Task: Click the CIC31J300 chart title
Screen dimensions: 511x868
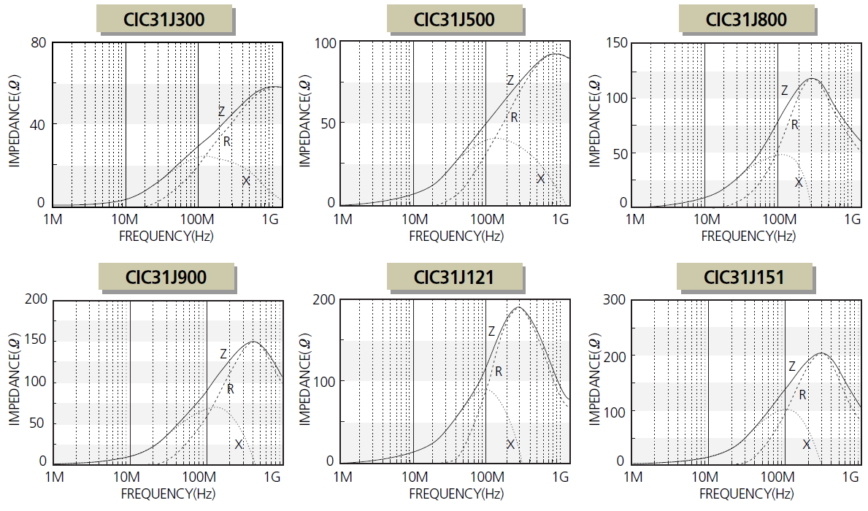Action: pyautogui.click(x=164, y=19)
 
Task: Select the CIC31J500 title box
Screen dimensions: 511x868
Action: pyautogui.click(x=455, y=19)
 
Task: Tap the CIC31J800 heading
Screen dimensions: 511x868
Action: pyautogui.click(x=746, y=19)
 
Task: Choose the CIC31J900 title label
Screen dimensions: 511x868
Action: pyautogui.click(x=166, y=277)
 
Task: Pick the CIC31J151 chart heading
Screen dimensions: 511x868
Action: pyautogui.click(x=744, y=277)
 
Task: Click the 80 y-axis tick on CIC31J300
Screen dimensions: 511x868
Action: pyautogui.click(x=37, y=43)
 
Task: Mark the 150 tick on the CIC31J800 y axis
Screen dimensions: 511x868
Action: pyautogui.click(x=618, y=43)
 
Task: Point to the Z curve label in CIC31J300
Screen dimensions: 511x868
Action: pyautogui.click(x=221, y=112)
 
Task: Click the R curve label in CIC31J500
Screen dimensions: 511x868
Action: pyautogui.click(x=514, y=118)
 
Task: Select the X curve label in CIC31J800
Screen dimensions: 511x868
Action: pyautogui.click(x=799, y=182)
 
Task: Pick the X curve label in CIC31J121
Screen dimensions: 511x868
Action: pyautogui.click(x=510, y=445)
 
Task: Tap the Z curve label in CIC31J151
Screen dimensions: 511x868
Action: pyautogui.click(x=791, y=366)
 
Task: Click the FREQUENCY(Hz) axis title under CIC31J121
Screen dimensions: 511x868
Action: pyautogui.click(x=456, y=494)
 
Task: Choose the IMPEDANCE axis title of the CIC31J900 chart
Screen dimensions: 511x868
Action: pyautogui.click(x=16, y=381)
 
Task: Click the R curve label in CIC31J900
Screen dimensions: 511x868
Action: pyautogui.click(x=230, y=389)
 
